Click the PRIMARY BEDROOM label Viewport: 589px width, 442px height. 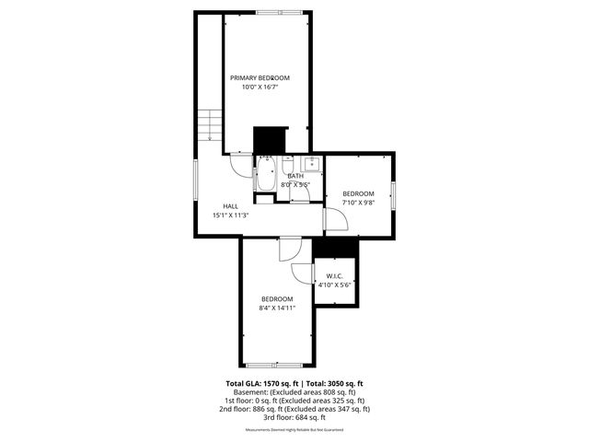tap(260, 77)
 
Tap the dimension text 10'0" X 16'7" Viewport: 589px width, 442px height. tap(260, 87)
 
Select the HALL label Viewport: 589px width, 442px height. tap(231, 205)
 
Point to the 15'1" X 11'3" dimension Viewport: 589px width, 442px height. tap(231, 215)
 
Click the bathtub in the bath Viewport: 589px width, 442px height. tap(265, 175)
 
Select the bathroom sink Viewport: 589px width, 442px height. tap(311, 164)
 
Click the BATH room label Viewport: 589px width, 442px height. tap(295, 175)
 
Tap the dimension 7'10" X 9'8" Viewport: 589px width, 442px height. tap(360, 202)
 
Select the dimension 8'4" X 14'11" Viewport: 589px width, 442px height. tap(277, 308)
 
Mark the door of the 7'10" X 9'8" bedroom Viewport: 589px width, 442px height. tap(335, 220)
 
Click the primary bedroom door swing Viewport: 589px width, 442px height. tap(239, 164)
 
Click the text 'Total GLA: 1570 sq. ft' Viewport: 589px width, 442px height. tap(257, 383)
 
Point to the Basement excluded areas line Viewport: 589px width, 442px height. tap(294, 392)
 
